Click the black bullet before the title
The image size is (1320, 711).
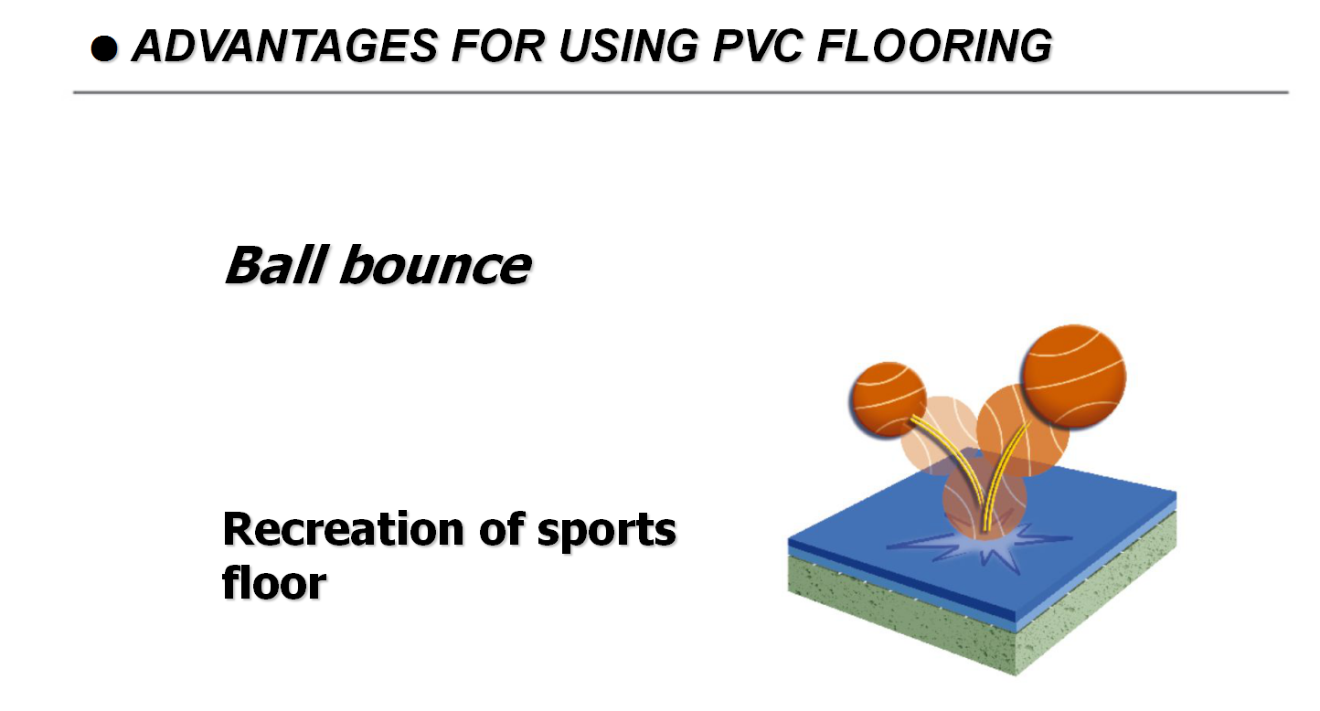[x=105, y=49]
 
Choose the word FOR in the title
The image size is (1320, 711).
[x=495, y=47]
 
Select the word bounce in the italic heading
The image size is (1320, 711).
[x=435, y=266]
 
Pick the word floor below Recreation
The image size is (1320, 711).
[x=274, y=582]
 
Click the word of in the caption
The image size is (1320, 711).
[x=516, y=529]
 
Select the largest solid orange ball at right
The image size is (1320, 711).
[x=1073, y=377]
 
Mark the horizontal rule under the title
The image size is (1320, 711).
[x=680, y=92]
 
